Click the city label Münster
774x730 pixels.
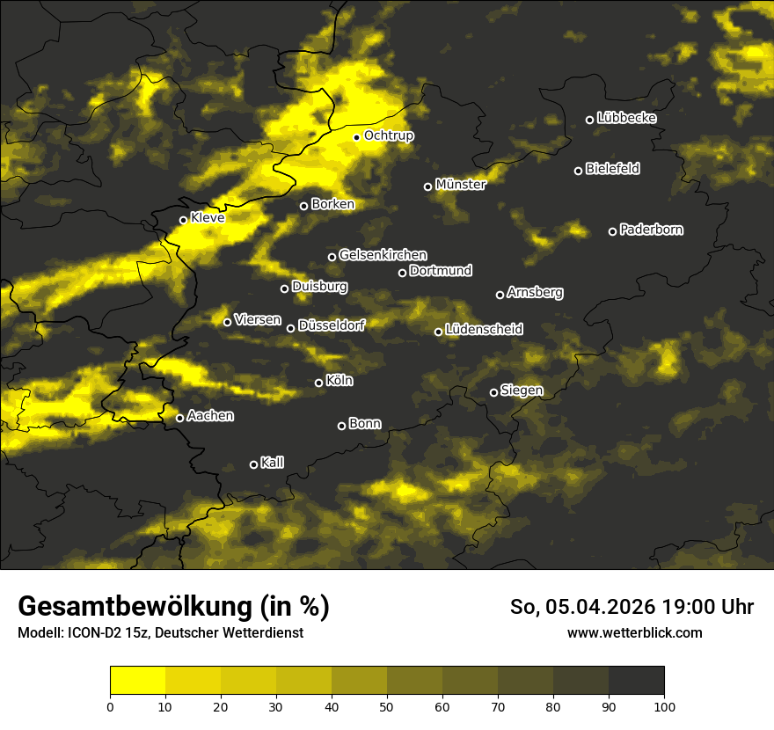461,185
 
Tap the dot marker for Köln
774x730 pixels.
319,383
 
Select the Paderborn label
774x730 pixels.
652,230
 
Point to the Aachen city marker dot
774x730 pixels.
180,418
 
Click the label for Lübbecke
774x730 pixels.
626,118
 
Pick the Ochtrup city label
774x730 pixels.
389,135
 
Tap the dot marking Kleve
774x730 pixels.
184,220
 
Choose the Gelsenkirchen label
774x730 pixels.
383,255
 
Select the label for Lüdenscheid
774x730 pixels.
484,329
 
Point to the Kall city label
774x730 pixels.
273,463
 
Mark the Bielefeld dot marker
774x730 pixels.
579,171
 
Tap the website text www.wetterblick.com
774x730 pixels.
635,632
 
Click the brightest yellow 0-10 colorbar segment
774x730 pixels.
138,680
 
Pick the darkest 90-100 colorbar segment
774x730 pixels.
636,680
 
